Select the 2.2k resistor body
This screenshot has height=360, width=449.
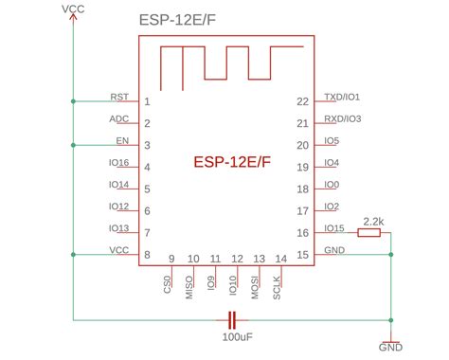(x=369, y=231)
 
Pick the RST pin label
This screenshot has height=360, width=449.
(x=119, y=97)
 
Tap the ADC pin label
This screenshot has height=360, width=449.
(x=119, y=119)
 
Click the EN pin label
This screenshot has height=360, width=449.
(x=122, y=141)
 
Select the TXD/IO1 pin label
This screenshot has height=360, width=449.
(x=341, y=97)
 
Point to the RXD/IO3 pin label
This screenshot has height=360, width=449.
(x=341, y=119)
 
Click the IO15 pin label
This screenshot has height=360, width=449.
(x=333, y=228)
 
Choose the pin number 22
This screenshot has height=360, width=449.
(x=302, y=101)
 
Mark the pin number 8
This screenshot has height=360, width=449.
(x=147, y=255)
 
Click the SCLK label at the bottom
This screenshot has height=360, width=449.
(x=277, y=288)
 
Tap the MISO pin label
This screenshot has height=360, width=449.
(x=189, y=288)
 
